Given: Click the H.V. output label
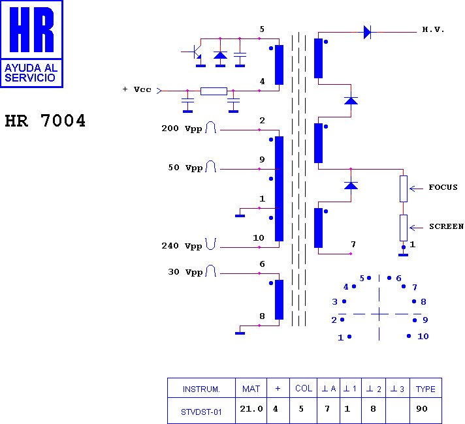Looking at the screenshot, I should (433, 30).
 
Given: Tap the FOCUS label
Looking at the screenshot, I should (443, 188).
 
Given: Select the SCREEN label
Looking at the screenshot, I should (446, 227).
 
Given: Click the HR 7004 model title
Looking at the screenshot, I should (45, 121).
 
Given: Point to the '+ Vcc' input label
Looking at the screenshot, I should (136, 90).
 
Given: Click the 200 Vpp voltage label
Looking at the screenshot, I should (182, 129).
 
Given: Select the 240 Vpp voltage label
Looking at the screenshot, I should (182, 246).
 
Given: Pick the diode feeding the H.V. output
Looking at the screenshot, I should (367, 31).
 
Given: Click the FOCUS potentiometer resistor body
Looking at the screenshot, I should (404, 188).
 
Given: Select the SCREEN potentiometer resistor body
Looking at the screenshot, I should (404, 227).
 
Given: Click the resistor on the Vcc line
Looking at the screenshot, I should (214, 91).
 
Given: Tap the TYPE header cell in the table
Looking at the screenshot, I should (425, 389).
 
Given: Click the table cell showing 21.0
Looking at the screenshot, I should (251, 410).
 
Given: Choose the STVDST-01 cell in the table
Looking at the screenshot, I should (200, 411).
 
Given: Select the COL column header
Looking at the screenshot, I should (304, 389).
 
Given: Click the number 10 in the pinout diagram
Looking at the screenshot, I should (423, 337).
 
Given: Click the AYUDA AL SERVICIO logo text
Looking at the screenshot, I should (31, 72).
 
